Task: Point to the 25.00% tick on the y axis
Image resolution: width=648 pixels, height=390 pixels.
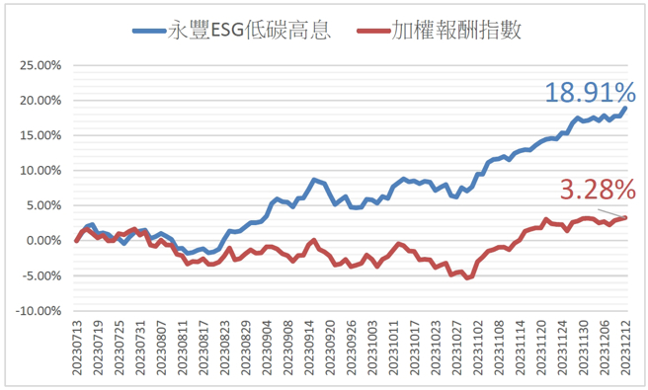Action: (x=39, y=66)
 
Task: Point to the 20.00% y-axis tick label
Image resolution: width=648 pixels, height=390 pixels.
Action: (x=39, y=101)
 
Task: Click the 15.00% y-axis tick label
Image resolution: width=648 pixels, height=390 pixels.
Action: (x=39, y=135)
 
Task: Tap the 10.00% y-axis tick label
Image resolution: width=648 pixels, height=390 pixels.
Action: (x=39, y=171)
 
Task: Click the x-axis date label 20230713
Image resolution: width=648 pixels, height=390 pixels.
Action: (x=77, y=347)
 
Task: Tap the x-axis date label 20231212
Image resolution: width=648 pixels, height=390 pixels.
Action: (x=625, y=347)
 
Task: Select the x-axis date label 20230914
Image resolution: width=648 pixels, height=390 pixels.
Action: (x=313, y=347)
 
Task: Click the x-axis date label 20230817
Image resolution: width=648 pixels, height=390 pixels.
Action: (x=203, y=347)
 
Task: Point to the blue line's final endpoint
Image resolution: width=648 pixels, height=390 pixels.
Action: (x=625, y=108)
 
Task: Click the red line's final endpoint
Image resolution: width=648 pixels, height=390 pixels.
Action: (x=625, y=217)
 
